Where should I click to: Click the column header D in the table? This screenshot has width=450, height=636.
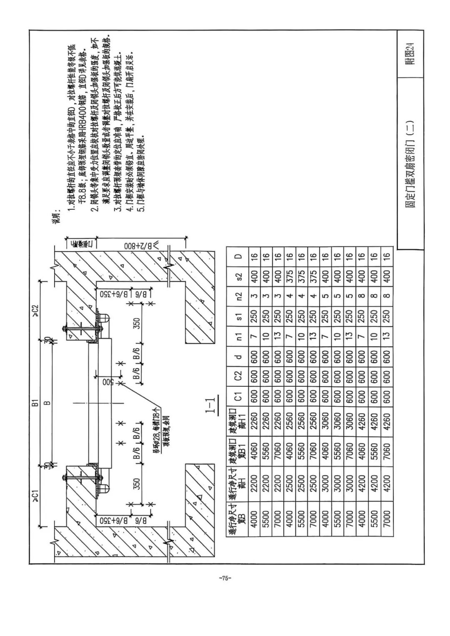(x=238, y=256)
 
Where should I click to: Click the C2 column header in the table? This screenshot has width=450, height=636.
(x=238, y=375)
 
